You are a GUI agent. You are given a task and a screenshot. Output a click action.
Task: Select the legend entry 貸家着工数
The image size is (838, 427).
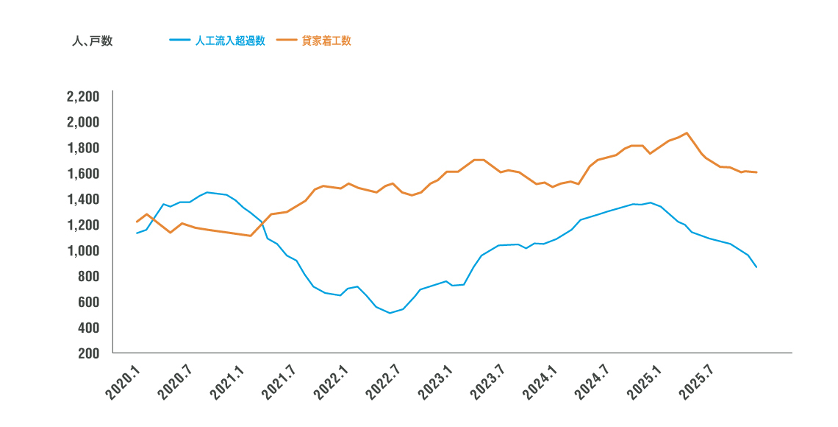point(326,40)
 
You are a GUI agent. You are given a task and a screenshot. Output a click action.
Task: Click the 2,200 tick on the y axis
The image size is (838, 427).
point(82,96)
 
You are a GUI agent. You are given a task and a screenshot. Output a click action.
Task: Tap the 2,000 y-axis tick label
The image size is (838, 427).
point(82,122)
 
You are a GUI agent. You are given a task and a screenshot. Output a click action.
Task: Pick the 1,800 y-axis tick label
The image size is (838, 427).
point(82,148)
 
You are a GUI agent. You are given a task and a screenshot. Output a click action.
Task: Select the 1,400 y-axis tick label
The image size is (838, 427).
point(82,200)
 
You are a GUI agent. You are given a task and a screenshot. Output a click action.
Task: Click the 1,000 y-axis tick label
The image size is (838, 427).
point(82,250)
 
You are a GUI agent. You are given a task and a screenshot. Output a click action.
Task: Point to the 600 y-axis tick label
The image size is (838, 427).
point(87,302)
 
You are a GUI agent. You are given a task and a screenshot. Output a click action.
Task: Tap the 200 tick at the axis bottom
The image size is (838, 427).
point(87,353)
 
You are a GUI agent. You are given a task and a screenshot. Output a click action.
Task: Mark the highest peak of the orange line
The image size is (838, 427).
point(686,133)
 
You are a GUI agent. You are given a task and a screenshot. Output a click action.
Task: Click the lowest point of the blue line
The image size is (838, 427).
point(390,313)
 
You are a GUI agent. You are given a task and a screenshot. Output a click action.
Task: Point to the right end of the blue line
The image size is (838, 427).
point(756,267)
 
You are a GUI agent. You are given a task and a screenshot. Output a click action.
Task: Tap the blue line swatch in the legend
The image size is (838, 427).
point(180,40)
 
